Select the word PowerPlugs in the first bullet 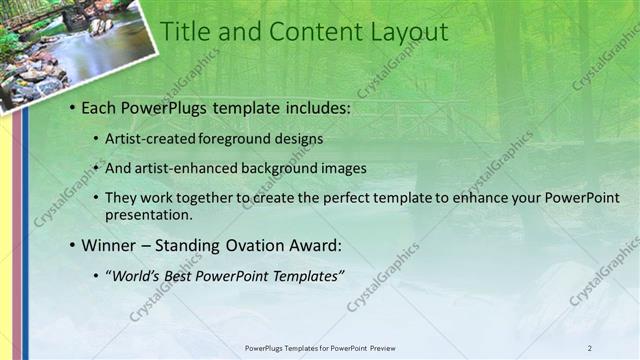162,105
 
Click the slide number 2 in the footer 590,348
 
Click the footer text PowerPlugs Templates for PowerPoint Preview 319,348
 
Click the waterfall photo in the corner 75,50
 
